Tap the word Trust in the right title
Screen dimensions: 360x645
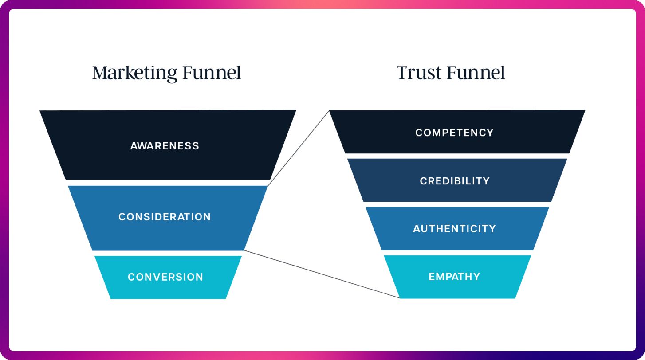tap(418, 73)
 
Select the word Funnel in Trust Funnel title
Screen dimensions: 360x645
tap(478, 73)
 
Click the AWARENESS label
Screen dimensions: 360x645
tap(165, 146)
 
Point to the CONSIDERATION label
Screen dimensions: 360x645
tap(165, 217)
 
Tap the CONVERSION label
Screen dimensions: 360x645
tap(165, 277)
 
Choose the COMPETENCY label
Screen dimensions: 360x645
tap(454, 133)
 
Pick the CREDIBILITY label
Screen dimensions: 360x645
tap(455, 181)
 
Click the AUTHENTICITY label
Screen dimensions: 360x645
tap(454, 229)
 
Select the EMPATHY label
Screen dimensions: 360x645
tap(454, 277)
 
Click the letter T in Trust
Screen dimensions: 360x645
tap(402, 73)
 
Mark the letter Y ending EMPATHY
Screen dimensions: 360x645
tap(477, 277)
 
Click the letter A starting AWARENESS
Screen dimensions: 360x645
tap(134, 146)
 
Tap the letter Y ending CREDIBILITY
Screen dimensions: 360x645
tap(486, 181)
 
